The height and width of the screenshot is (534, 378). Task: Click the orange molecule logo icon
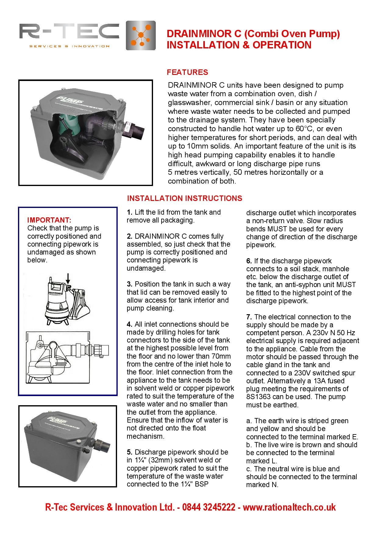[141, 35]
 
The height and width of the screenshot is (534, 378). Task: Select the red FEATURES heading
[187, 72]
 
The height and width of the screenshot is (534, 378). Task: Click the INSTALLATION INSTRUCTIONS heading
[184, 198]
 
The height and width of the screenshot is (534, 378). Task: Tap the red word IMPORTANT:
[49, 220]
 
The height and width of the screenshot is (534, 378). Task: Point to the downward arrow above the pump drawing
[68, 278]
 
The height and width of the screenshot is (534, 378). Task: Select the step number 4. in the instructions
[130, 325]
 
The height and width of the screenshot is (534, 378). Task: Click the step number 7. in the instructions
[249, 317]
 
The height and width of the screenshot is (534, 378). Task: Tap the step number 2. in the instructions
[130, 237]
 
